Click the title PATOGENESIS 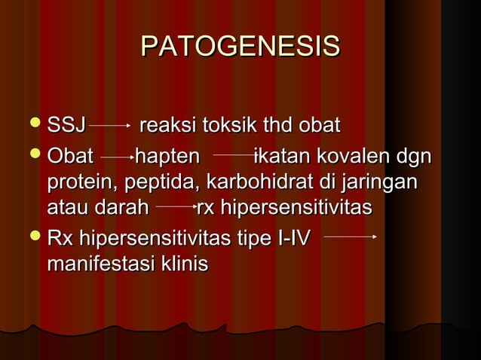pos(240,47)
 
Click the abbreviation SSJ pos(66,124)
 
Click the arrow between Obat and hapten pos(116,157)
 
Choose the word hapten pos(168,157)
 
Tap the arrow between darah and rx pos(175,204)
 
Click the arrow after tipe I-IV pos(350,236)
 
